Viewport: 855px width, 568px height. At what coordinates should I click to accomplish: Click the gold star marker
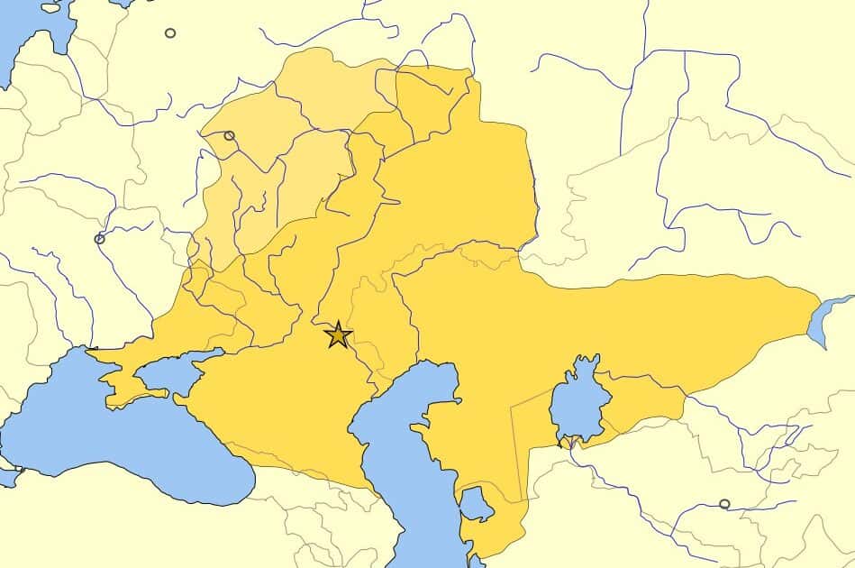click(x=338, y=334)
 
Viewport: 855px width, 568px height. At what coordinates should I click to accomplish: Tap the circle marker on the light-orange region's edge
click(x=229, y=135)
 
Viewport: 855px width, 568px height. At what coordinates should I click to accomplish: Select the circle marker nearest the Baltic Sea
click(x=170, y=33)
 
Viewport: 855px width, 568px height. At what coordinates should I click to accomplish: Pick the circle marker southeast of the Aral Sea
click(x=724, y=504)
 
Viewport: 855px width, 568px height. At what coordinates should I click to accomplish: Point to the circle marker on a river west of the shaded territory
click(x=99, y=239)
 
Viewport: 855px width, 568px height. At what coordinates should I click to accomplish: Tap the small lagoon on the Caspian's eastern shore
click(x=475, y=505)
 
